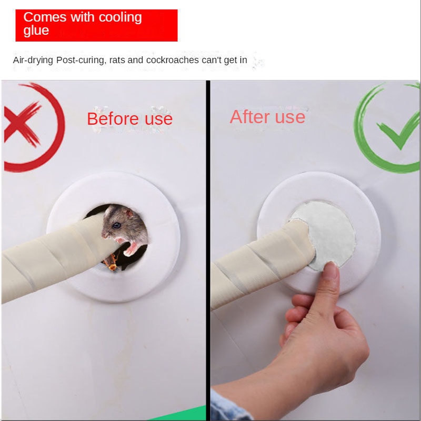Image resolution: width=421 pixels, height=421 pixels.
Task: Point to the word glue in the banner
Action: (x=36, y=31)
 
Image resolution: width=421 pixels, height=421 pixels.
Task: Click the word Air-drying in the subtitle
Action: (x=33, y=60)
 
